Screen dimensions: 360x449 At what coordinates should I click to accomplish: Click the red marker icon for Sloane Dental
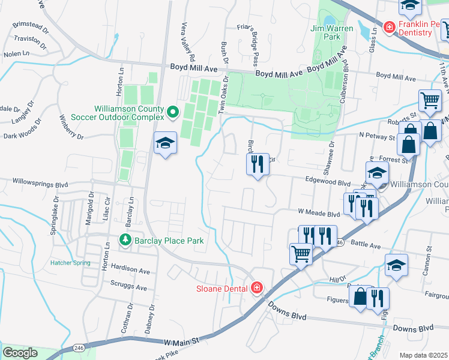(x=257, y=288)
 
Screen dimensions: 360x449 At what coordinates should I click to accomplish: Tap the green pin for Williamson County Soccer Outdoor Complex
(x=173, y=112)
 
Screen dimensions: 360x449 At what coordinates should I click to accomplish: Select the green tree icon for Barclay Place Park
(x=125, y=240)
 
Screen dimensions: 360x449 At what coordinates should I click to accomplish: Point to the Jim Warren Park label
(x=326, y=32)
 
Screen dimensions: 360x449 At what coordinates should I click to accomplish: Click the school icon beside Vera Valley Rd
(x=165, y=144)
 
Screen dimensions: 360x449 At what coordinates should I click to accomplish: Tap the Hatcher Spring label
(x=70, y=263)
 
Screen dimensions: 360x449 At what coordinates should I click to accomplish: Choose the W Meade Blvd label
(x=319, y=213)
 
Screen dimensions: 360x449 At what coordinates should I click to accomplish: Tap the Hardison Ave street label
(x=130, y=271)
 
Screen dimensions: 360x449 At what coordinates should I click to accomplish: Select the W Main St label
(x=181, y=341)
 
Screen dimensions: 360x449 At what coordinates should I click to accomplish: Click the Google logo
(x=20, y=353)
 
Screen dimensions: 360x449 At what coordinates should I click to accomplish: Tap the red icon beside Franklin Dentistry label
(x=389, y=27)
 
